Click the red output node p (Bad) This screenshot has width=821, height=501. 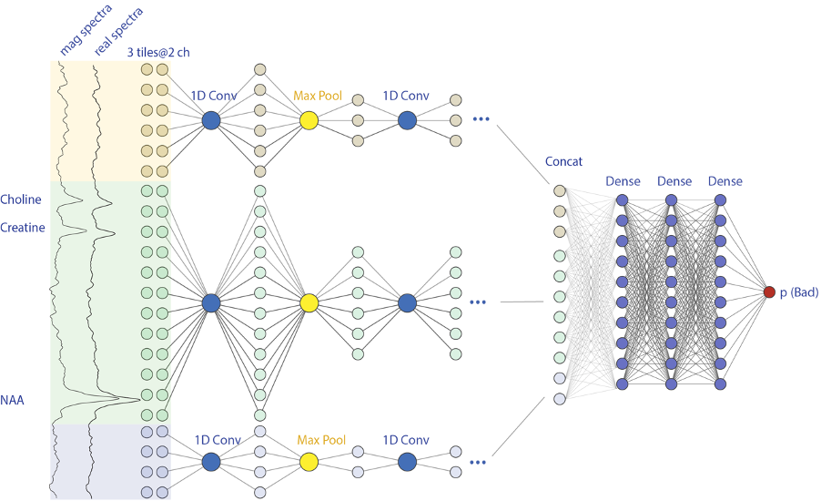[x=769, y=291]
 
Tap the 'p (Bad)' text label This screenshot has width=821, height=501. [x=799, y=292]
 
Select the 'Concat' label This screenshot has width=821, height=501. [x=563, y=161]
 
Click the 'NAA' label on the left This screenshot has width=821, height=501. [x=13, y=399]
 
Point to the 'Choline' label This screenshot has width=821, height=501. [x=21, y=199]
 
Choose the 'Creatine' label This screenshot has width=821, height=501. [x=23, y=228]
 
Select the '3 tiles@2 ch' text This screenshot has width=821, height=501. [x=160, y=52]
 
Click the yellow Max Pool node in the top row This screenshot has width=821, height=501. [x=309, y=120]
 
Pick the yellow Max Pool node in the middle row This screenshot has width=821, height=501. [x=309, y=302]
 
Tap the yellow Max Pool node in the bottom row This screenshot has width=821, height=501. [x=309, y=462]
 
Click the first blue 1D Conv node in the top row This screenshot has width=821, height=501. [x=211, y=120]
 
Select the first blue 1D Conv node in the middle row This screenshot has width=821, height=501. [x=211, y=302]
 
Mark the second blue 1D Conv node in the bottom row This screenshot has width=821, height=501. [x=407, y=462]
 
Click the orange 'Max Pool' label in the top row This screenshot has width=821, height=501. [x=317, y=95]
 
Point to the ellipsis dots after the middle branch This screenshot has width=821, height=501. [x=480, y=302]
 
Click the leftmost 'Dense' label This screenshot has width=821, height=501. [x=623, y=181]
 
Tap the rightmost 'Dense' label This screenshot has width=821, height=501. [x=725, y=181]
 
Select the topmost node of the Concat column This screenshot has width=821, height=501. [x=560, y=190]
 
